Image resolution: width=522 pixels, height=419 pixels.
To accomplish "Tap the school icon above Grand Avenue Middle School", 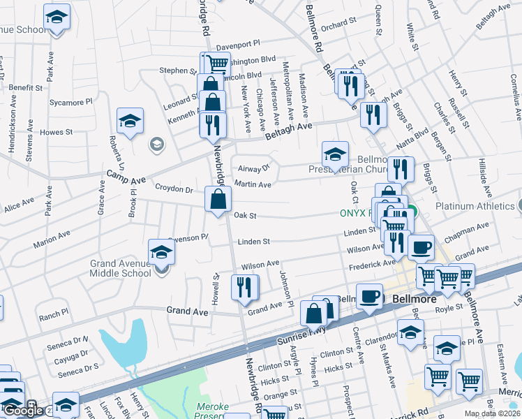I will pyautogui.click(x=161, y=252).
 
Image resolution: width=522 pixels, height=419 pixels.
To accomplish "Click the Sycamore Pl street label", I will pyautogui.click(x=70, y=102).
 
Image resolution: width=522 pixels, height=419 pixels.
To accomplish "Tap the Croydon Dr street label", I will pyautogui.click(x=174, y=189).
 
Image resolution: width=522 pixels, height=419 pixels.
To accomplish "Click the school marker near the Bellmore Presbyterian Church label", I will pyautogui.click(x=335, y=154).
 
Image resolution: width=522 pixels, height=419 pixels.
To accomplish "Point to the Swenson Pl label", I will pyautogui.click(x=188, y=237).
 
